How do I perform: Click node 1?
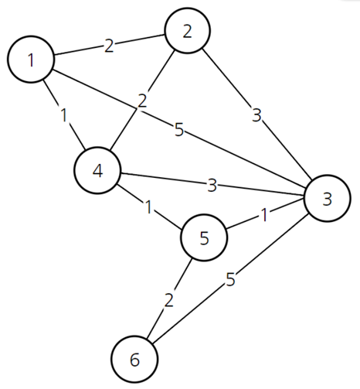tap(31, 60)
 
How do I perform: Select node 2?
tap(187, 31)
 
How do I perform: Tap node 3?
tap(328, 198)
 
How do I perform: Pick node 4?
tap(97, 170)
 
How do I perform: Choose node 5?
tap(204, 237)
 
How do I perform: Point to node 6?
tap(134, 359)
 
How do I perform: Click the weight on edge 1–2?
tap(109, 46)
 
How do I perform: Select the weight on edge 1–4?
tap(64, 114)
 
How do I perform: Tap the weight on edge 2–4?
tap(142, 101)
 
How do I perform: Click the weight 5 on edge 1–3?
tap(179, 129)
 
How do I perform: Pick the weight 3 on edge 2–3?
tap(256, 115)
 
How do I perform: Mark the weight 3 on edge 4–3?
tap(212, 185)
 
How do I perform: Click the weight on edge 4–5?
tap(148, 206)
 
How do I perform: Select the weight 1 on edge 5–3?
tap(264, 215)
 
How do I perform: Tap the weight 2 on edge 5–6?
tap(169, 300)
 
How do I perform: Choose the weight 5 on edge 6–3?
tap(230, 279)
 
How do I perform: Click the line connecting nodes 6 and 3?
tap(231, 278)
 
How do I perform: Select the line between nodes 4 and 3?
tap(212, 184)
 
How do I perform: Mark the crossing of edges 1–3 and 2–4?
tap(136, 108)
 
